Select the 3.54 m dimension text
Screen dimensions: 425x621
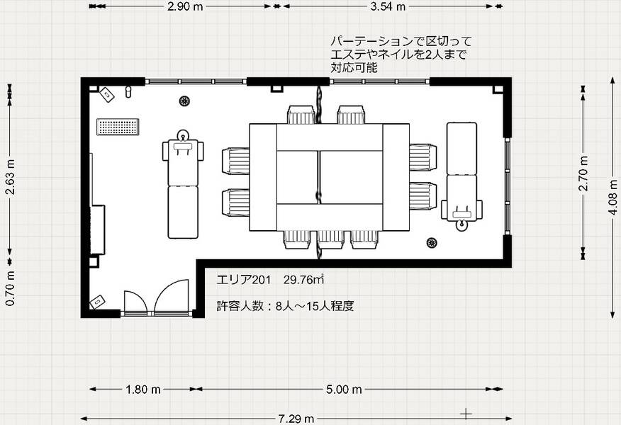pos(388,7)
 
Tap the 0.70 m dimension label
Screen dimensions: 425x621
pos(11,291)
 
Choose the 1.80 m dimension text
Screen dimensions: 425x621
pos(142,389)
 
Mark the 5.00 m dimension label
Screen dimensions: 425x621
pos(345,389)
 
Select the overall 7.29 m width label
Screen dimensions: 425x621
pos(296,419)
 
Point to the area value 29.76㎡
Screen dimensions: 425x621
pos(303,279)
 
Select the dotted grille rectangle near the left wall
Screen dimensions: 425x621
pos(118,127)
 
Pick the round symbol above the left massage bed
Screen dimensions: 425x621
pos(184,101)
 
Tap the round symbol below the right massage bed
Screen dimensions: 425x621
pos(432,243)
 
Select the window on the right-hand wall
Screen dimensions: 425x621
pos(508,186)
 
